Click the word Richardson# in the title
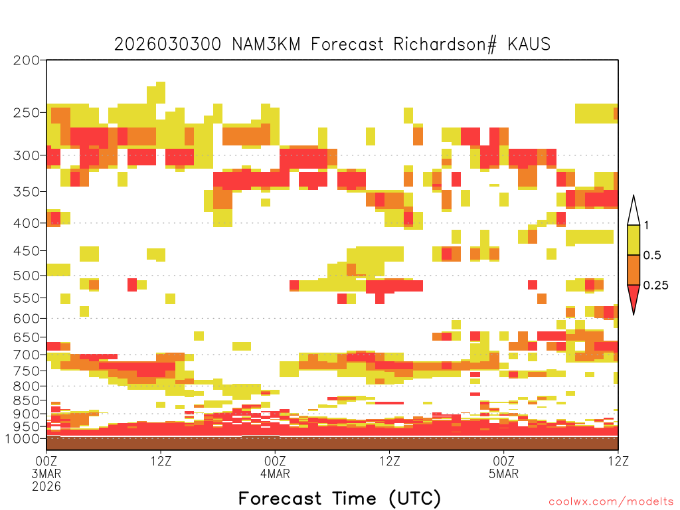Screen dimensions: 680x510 coord(444,44)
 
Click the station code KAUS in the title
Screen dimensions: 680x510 coord(529,44)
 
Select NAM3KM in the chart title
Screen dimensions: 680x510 coord(266,44)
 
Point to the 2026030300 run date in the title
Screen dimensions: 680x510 coord(167,44)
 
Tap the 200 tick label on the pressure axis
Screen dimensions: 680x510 coord(27,60)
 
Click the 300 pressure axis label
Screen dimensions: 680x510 coord(27,155)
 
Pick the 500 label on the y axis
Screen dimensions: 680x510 coord(27,276)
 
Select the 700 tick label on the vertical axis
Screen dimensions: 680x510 coord(27,355)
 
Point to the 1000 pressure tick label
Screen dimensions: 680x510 coord(22,438)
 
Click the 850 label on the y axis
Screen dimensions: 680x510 coord(27,400)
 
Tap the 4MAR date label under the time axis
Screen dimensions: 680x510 coord(275,473)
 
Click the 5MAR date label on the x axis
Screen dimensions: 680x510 coord(503,473)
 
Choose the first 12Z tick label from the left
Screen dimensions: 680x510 coord(161,461)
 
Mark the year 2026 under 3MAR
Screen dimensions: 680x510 coord(46,486)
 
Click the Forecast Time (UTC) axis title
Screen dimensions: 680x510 coord(339,499)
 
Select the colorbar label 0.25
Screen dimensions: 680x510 coord(655,285)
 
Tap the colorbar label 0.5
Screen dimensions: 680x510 coord(652,255)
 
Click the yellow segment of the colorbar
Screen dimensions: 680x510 coord(634,240)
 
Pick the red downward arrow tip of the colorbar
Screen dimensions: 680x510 coord(634,314)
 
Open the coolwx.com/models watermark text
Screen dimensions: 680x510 coord(611,502)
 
